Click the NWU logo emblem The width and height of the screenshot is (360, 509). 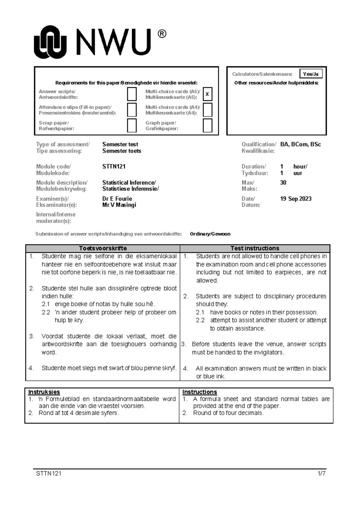coord(50,42)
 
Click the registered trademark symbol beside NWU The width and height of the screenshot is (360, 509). coord(161,34)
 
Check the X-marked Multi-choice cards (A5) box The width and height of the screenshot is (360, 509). coord(207,94)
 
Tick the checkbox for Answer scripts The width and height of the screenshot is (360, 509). coord(132,94)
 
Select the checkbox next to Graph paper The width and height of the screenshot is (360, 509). coord(207,125)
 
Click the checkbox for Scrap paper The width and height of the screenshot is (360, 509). coord(132,125)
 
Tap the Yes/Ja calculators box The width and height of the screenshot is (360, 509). coord(311,74)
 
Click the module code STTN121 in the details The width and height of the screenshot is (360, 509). coord(114,167)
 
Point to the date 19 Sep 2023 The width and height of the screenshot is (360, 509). coord(295,199)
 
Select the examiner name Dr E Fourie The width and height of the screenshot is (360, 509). coord(117,199)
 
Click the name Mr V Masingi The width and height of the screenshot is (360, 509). coord(119,205)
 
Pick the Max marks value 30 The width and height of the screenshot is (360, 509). coord(283,182)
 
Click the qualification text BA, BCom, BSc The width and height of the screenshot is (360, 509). coord(300,144)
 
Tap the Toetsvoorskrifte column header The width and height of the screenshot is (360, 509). coord(103,248)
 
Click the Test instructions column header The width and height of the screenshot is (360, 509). coord(255,248)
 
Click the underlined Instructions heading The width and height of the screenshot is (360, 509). coord(199,392)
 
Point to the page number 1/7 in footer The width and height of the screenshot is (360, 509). coord(322,474)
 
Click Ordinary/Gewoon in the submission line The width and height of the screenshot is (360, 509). coord(210,234)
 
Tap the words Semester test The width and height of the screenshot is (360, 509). coord(120,144)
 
